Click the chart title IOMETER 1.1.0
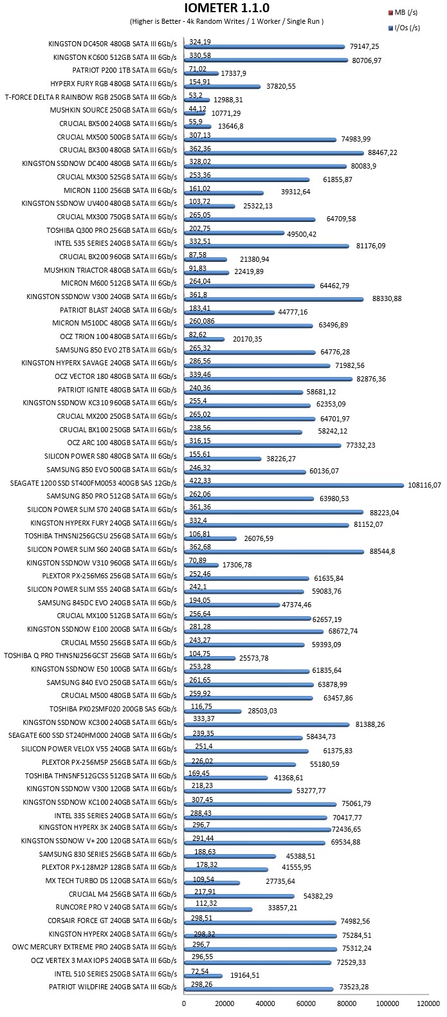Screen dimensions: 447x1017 (226, 8)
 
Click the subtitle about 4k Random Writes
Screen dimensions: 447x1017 (226, 21)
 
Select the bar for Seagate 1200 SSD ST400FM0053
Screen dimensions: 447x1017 (294, 486)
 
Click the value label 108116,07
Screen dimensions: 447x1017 (424, 485)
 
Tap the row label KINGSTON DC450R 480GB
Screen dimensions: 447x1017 (113, 44)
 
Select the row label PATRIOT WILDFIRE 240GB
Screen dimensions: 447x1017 (113, 987)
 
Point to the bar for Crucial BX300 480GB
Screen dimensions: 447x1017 (274, 153)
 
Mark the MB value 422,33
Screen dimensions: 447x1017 (200, 481)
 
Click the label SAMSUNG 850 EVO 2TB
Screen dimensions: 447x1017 (116, 350)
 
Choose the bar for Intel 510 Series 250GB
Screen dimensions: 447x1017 (203, 976)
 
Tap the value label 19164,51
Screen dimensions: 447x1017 (245, 975)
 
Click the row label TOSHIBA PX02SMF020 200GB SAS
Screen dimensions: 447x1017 (113, 709)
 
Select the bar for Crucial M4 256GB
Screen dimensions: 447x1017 (239, 896)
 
